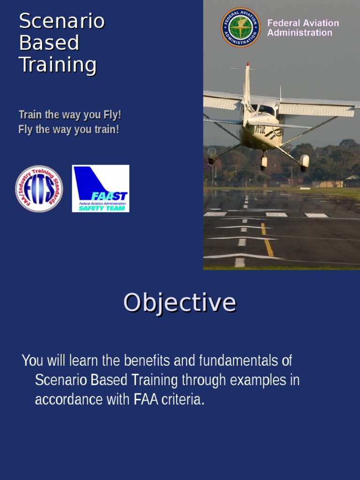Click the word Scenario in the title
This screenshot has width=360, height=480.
click(61, 22)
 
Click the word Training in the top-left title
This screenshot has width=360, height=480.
click(57, 65)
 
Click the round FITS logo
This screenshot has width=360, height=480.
click(39, 188)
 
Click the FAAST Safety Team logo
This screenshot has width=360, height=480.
click(100, 188)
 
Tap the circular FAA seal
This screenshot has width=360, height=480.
click(240, 27)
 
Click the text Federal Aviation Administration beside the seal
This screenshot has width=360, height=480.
click(303, 28)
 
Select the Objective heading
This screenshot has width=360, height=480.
click(180, 302)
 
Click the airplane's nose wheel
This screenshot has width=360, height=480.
click(263, 161)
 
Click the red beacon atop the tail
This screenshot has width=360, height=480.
click(247, 64)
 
